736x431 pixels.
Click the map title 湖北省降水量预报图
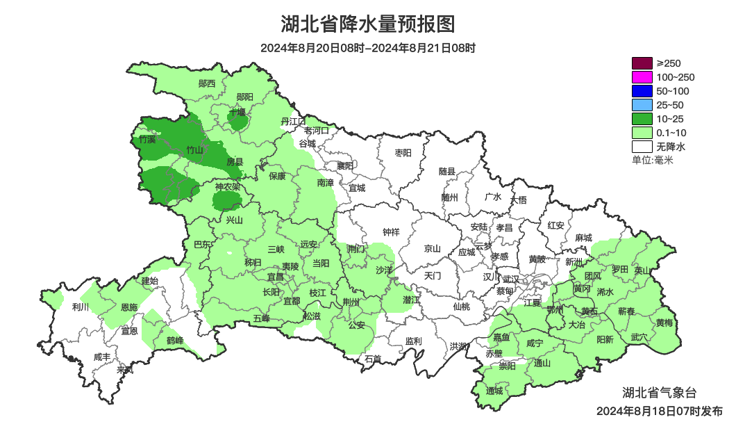(x=368, y=24)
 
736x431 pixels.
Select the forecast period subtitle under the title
(x=368, y=48)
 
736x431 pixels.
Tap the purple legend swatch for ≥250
(x=642, y=63)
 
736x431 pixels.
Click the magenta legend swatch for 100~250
(x=642, y=77)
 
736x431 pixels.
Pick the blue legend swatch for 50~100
(x=642, y=91)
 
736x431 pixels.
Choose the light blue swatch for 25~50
(x=642, y=105)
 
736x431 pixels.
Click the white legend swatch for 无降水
(x=642, y=147)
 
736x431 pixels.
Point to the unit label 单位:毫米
(x=652, y=160)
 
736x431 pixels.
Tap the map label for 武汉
(x=511, y=278)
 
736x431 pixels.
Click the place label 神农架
(x=227, y=187)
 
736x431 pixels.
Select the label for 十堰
(x=237, y=112)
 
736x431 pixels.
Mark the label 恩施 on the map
(x=129, y=307)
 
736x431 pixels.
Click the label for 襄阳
(x=344, y=165)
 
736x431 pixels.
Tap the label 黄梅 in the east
(x=664, y=323)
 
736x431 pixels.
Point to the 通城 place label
(x=494, y=391)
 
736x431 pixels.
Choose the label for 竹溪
(x=147, y=140)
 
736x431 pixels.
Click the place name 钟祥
(x=392, y=231)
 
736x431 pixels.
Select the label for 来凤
(x=125, y=370)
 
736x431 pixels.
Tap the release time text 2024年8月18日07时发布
(x=659, y=411)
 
